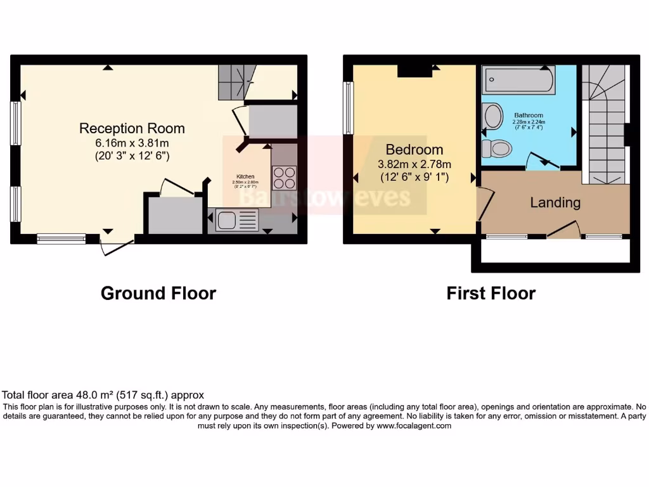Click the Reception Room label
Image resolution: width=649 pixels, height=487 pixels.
tap(132, 128)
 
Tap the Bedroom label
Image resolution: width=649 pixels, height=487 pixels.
tap(414, 150)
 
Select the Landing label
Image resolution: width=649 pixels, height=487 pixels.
tap(555, 203)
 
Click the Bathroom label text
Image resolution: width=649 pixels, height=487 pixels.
tap(529, 115)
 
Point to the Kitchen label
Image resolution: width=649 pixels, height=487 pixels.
tap(246, 176)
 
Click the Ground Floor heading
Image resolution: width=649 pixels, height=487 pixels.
tap(158, 294)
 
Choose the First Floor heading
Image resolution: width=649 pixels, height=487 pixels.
tap(491, 294)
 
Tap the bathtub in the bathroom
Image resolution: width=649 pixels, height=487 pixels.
tap(518, 81)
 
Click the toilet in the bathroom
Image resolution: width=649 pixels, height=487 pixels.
tap(496, 148)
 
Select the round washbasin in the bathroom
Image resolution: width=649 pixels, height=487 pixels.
tap(492, 117)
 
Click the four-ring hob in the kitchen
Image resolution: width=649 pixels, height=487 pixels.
tap(283, 178)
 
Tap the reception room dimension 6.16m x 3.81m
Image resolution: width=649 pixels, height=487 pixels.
tap(132, 143)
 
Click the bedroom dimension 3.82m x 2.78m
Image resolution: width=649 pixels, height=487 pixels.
tap(414, 165)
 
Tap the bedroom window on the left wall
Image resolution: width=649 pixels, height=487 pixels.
tap(347, 108)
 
